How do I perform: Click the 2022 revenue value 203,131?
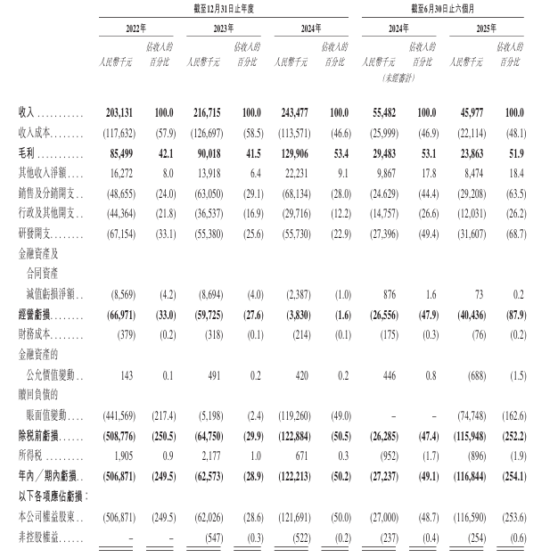click(x=119, y=114)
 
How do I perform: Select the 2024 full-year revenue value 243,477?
click(x=294, y=114)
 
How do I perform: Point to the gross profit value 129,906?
click(x=295, y=151)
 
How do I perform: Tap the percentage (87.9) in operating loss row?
click(x=514, y=316)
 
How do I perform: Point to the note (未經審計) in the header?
click(x=385, y=78)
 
